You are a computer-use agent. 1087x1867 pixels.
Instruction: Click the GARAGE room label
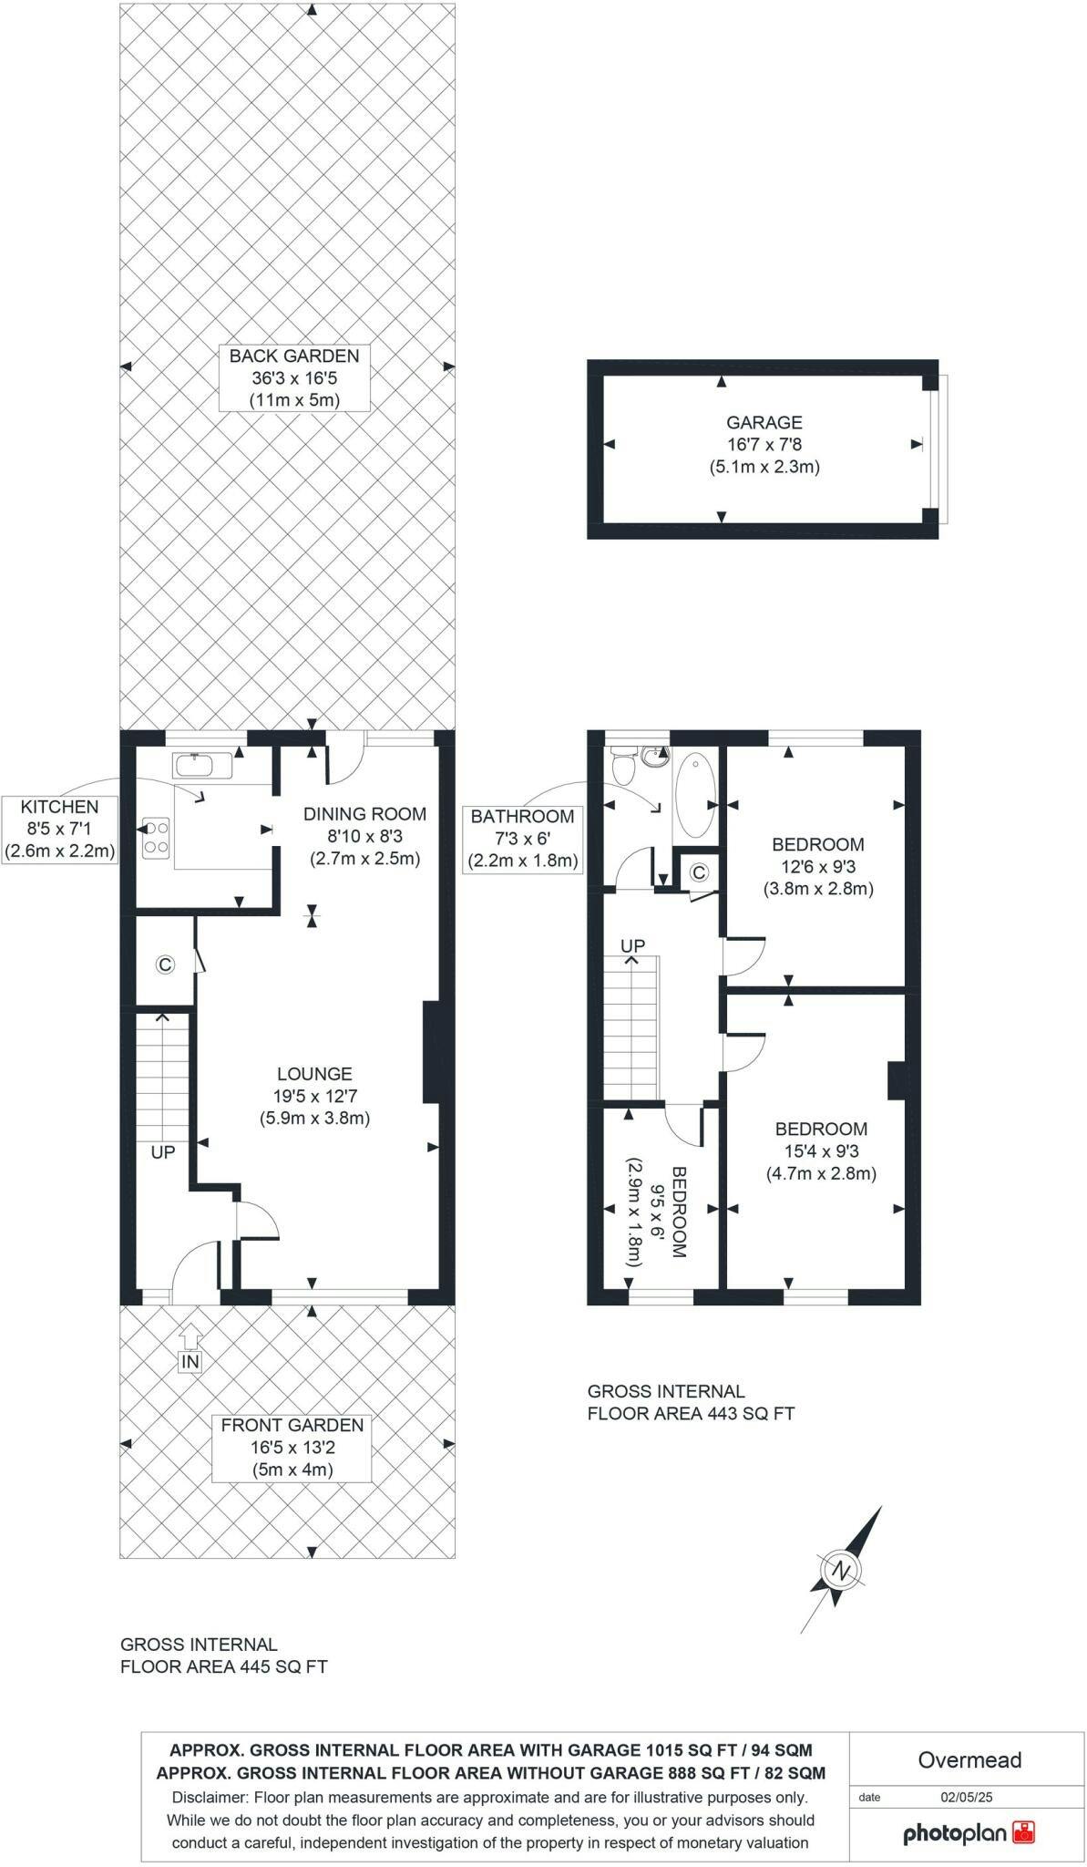tap(764, 445)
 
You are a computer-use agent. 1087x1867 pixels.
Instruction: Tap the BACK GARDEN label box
tap(293, 377)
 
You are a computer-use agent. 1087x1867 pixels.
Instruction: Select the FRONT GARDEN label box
tap(292, 1447)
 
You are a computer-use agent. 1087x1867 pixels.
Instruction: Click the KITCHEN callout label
tap(60, 830)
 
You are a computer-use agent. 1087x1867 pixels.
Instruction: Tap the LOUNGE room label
tap(314, 1096)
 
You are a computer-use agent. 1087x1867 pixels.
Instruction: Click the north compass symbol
tap(842, 1570)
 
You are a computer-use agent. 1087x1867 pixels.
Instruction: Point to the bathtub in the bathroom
tap(696, 794)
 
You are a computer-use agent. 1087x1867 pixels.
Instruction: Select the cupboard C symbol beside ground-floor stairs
tap(165, 964)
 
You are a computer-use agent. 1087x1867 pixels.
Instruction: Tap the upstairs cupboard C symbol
tap(699, 872)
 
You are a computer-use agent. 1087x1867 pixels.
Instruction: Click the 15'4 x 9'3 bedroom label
tap(821, 1150)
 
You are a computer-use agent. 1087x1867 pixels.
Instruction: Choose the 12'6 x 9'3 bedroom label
tap(817, 866)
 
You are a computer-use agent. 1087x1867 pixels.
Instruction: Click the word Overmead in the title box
tap(969, 1759)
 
